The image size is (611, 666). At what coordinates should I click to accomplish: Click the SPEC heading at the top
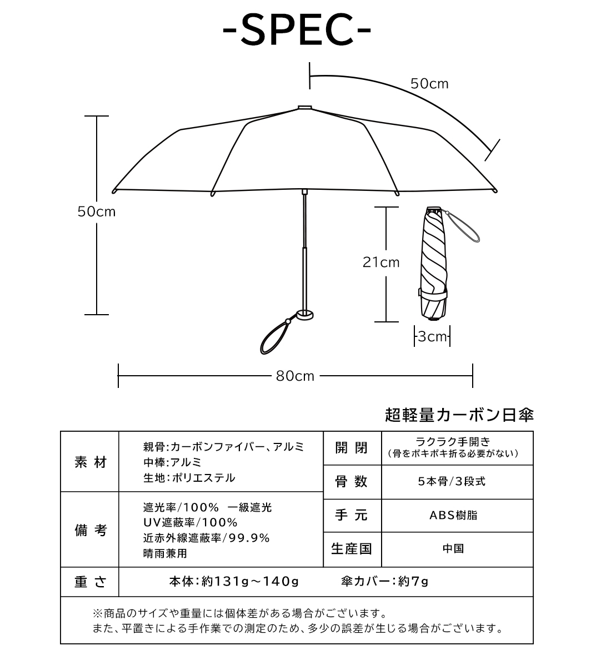pyautogui.click(x=297, y=30)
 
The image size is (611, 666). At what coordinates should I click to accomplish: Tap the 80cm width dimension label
pyautogui.click(x=295, y=376)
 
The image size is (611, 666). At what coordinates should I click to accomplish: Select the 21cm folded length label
pyautogui.click(x=381, y=263)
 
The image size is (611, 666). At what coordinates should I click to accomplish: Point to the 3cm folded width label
pyautogui.click(x=432, y=336)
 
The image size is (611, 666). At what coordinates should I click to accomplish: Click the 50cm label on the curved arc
pyautogui.click(x=429, y=84)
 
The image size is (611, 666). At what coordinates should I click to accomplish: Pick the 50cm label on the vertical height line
pyautogui.click(x=97, y=212)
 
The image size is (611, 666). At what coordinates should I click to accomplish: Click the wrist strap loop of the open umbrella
pyautogui.click(x=274, y=339)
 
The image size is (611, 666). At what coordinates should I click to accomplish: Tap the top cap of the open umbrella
pyautogui.click(x=305, y=108)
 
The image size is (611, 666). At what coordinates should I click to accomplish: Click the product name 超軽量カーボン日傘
pyautogui.click(x=459, y=415)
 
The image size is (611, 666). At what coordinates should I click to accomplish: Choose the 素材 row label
pyautogui.click(x=91, y=462)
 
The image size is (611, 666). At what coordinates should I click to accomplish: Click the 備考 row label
pyautogui.click(x=91, y=531)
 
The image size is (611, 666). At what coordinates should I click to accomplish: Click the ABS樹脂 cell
pyautogui.click(x=453, y=515)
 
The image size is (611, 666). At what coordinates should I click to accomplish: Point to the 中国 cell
pyautogui.click(x=453, y=549)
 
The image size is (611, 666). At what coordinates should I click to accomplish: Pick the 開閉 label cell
pyautogui.click(x=352, y=448)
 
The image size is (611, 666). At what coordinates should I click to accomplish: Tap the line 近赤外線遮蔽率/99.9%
pyautogui.click(x=207, y=538)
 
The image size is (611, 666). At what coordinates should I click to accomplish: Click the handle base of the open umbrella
pyautogui.click(x=305, y=315)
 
